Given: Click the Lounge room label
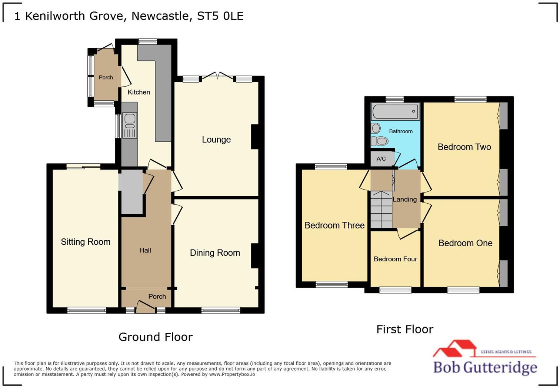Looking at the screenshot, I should tap(216, 140).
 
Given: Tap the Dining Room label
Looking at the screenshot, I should tap(215, 253).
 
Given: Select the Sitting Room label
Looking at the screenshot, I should tap(86, 242).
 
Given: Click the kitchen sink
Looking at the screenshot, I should tap(130, 119).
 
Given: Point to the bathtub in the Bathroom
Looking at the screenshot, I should tap(395, 111).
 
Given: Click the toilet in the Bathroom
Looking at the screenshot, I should tap(380, 141).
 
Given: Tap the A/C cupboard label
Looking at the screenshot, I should tap(381, 159).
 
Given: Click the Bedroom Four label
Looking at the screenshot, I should tap(395, 259).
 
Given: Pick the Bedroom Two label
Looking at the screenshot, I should tap(464, 147).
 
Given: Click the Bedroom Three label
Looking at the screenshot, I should tap(334, 225).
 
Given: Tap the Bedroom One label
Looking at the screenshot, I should tap(465, 243).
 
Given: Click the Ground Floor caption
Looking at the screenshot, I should tap(156, 337).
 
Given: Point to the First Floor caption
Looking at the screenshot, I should tap(404, 329).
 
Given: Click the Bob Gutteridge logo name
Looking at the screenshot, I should tap(485, 367).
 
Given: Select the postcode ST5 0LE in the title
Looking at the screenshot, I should tap(220, 16).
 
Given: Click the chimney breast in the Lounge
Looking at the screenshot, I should tap(255, 137).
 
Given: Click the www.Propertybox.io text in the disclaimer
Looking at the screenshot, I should tap(232, 374).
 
